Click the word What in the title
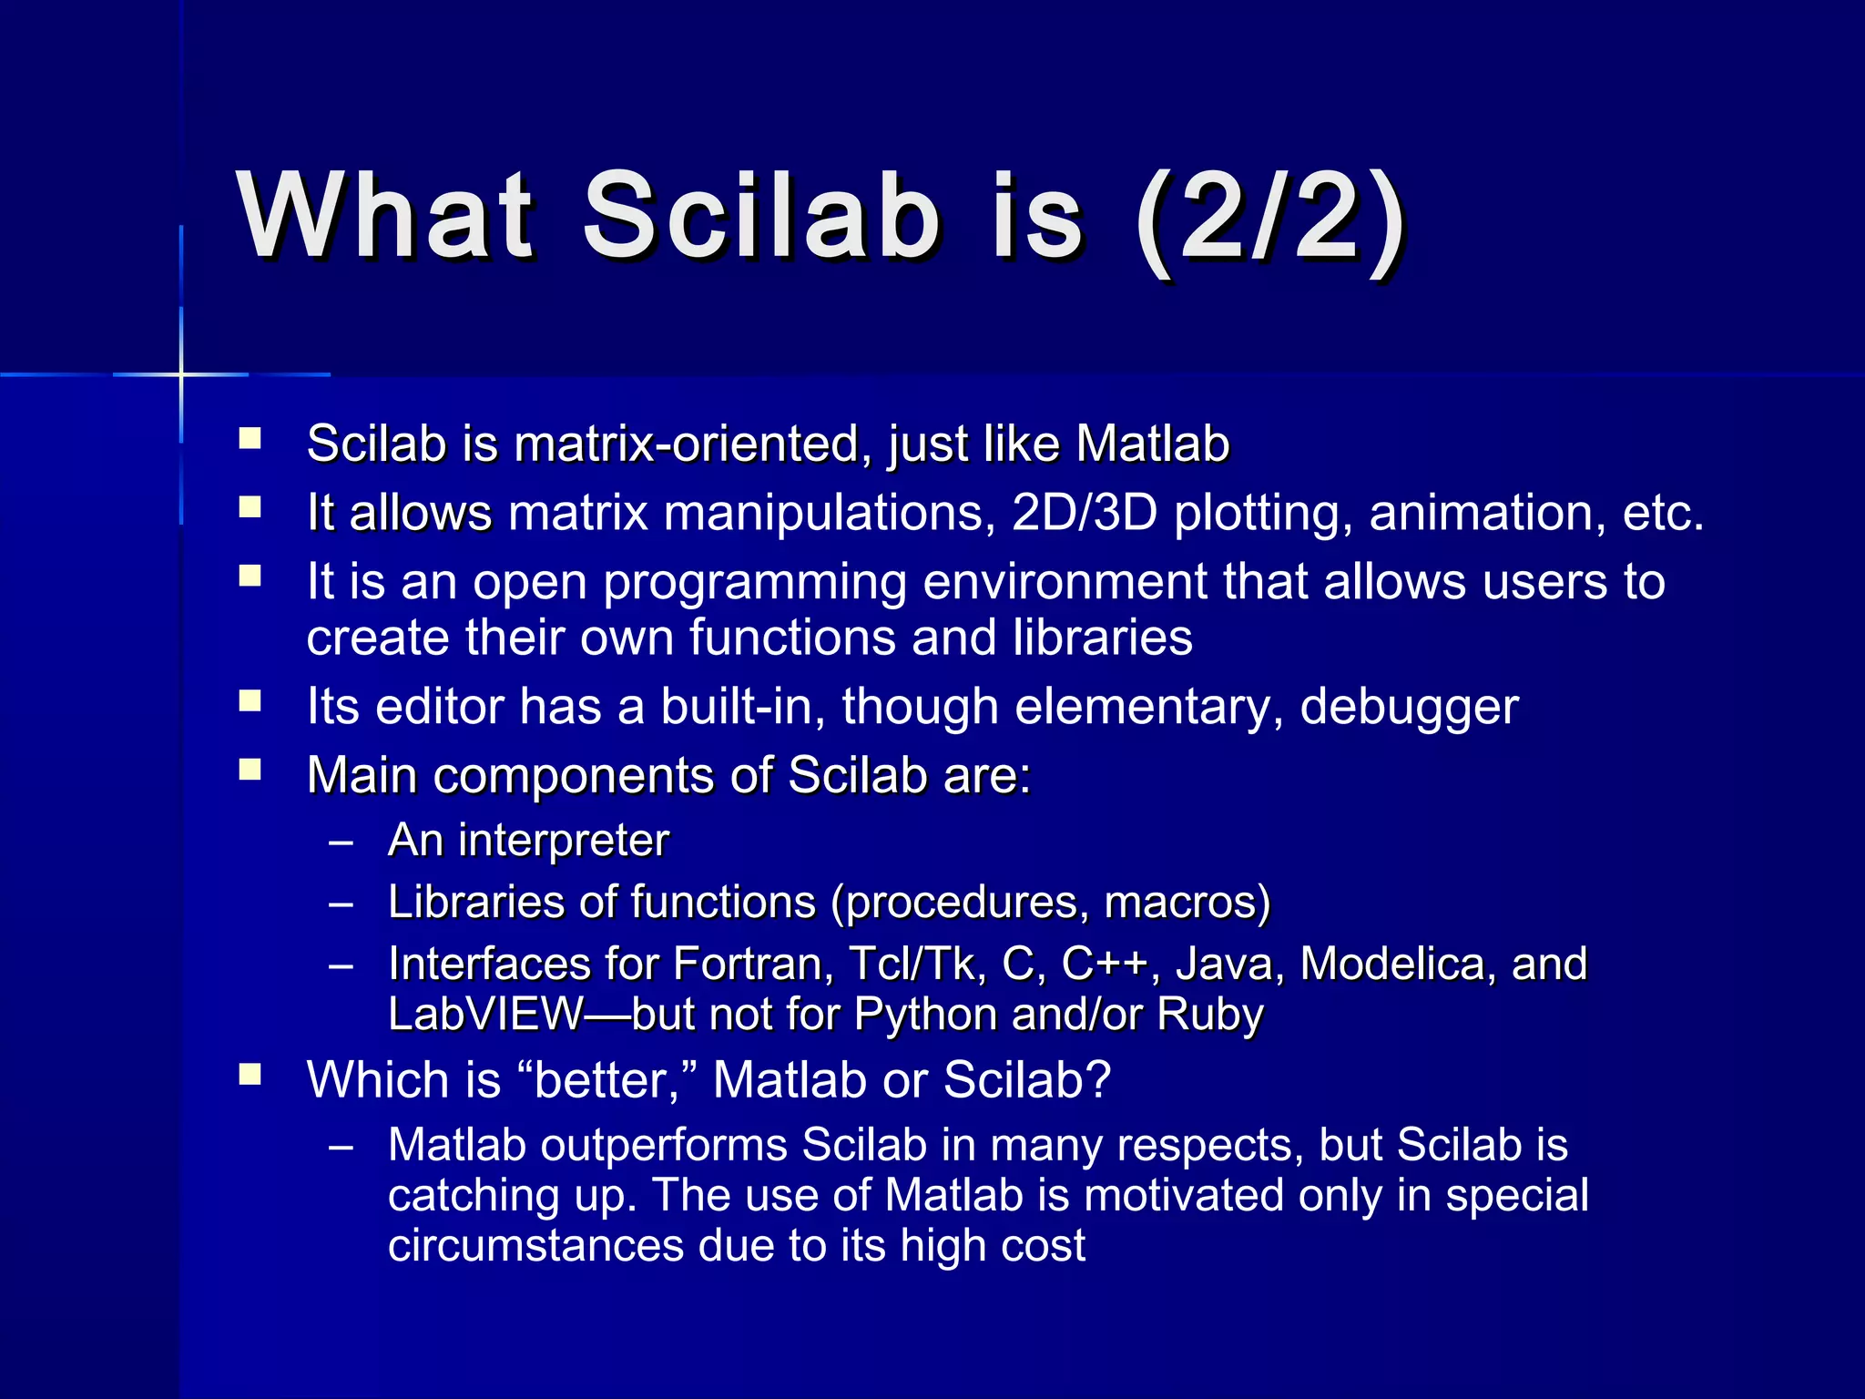(x=385, y=217)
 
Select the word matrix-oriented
(x=688, y=444)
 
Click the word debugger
(x=1409, y=707)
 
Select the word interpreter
(x=564, y=840)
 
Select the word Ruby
(x=1210, y=1015)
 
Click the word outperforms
(x=664, y=1145)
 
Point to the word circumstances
(x=535, y=1246)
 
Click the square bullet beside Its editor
(x=250, y=700)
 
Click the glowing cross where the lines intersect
(x=181, y=374)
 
